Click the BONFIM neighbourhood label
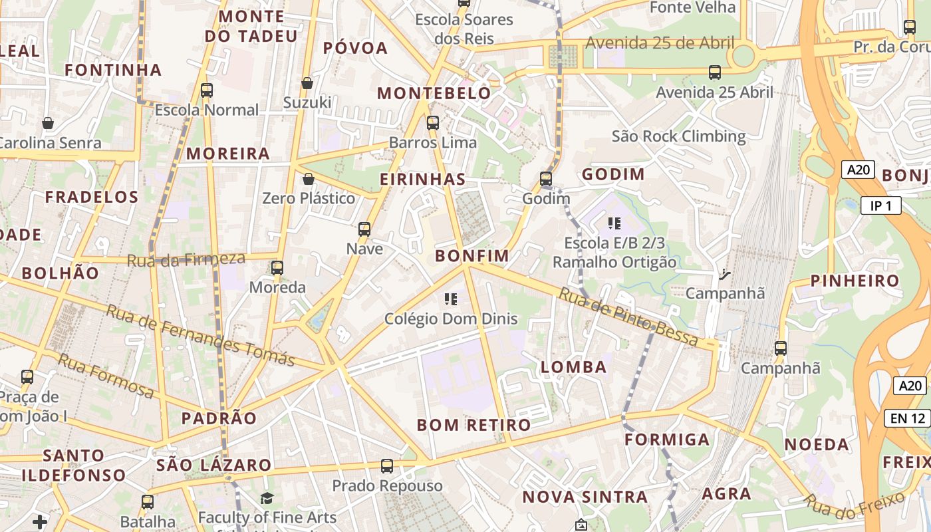tap(471, 255)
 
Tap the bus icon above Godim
tap(546, 178)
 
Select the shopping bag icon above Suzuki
tap(307, 83)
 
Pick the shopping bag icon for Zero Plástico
tap(308, 179)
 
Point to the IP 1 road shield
tap(880, 205)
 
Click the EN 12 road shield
tap(907, 418)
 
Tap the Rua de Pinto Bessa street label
tap(628, 316)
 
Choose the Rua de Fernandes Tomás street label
tap(199, 335)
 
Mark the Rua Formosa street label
tap(106, 376)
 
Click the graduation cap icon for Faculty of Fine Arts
tap(267, 498)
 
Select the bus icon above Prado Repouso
tap(387, 466)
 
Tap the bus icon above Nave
tap(364, 229)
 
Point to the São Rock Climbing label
tap(678, 136)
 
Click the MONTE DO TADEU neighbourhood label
tap(251, 26)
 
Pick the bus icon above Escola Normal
tap(207, 90)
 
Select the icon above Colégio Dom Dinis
tap(451, 299)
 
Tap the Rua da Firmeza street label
tap(186, 259)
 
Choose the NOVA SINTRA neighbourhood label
tap(585, 497)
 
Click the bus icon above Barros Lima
tap(433, 123)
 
